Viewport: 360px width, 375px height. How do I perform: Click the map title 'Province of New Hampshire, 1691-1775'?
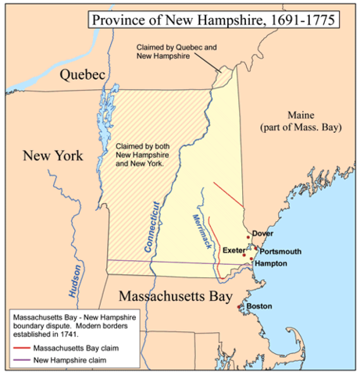[x=212, y=18]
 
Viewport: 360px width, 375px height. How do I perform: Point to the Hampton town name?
[x=270, y=264]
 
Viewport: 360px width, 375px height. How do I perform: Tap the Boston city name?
[x=259, y=306]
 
